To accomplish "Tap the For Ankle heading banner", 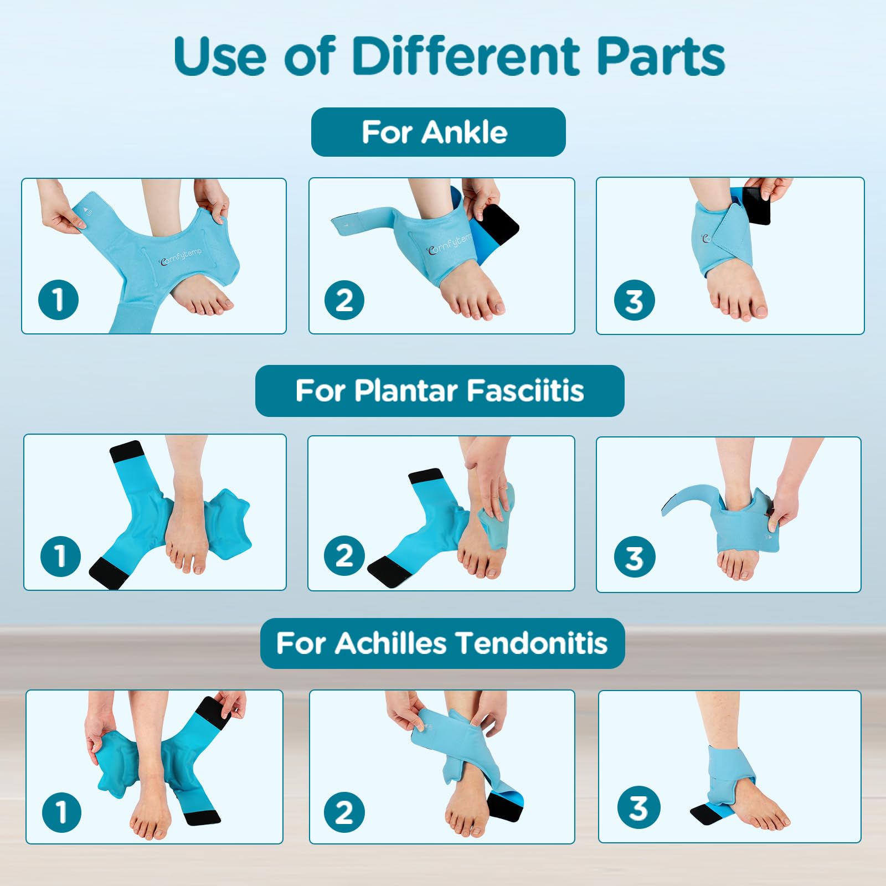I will [x=438, y=132].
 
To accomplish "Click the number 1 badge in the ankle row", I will [x=58, y=300].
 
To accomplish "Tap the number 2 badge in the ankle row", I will [x=344, y=300].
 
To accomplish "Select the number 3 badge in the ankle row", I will [x=634, y=301].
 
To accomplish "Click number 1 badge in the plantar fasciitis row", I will [x=61, y=556].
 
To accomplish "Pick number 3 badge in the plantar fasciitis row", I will [x=635, y=557].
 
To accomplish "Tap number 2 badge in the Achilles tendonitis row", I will [x=344, y=812].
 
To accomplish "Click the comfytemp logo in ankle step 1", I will [x=181, y=257].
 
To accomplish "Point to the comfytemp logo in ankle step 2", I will [x=449, y=244].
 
